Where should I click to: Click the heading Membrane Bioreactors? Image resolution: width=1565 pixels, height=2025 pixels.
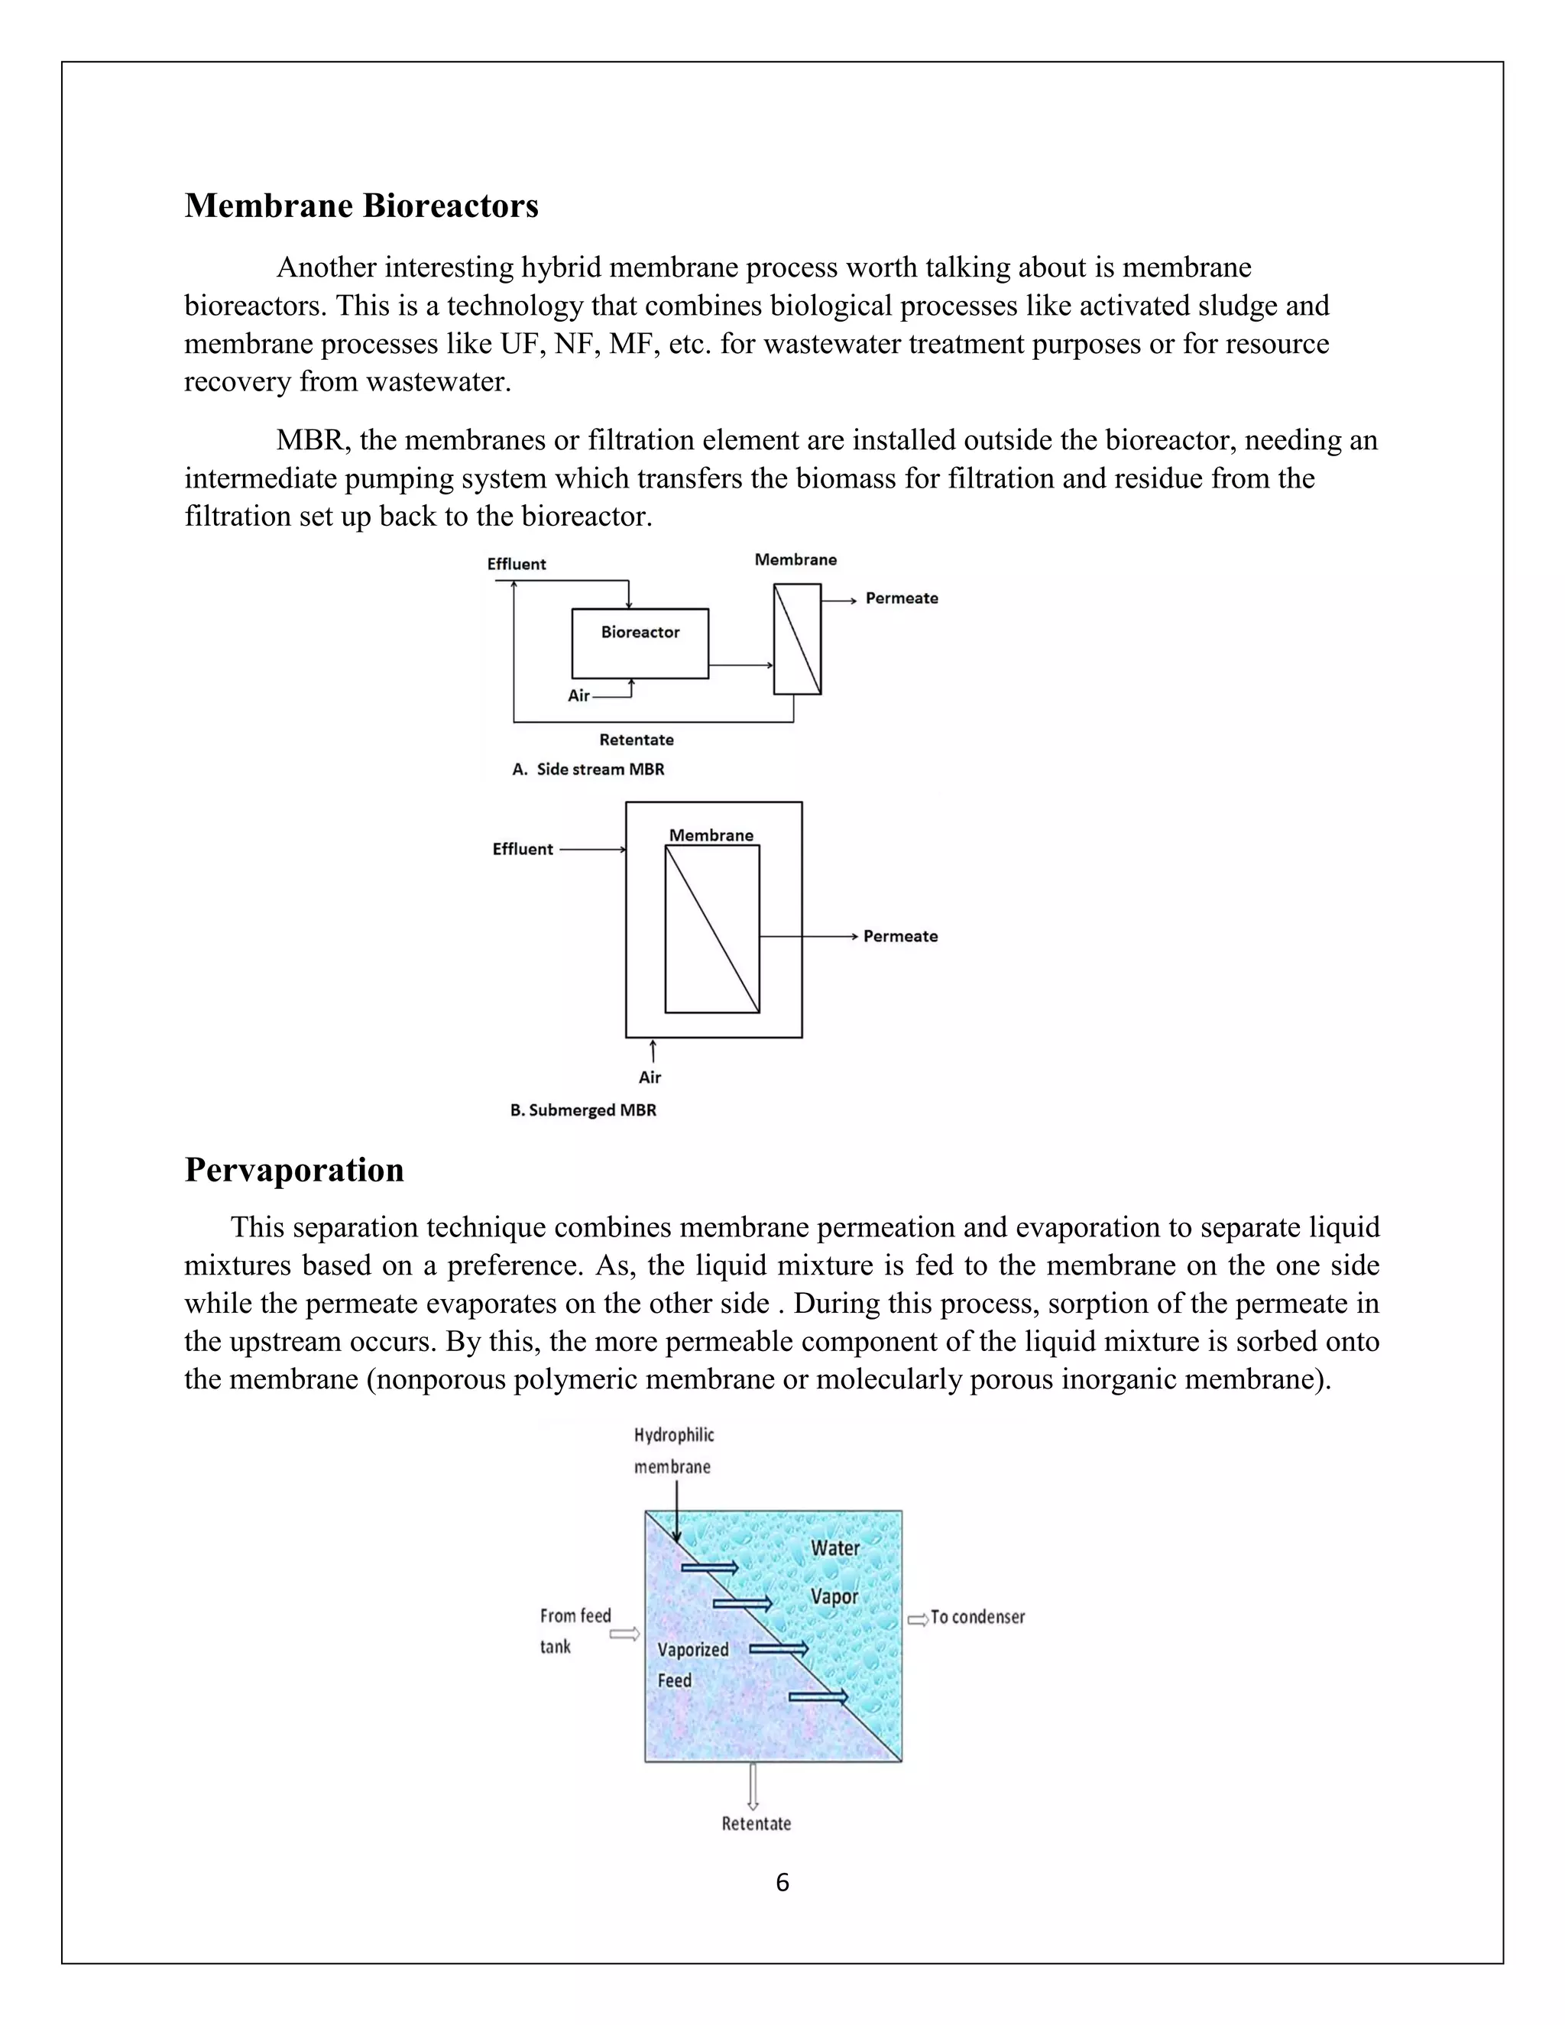pyautogui.click(x=361, y=205)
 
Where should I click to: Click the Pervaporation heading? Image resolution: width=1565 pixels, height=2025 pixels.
pyautogui.click(x=294, y=1169)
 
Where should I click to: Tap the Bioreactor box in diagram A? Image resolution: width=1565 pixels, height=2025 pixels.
pyautogui.click(x=640, y=643)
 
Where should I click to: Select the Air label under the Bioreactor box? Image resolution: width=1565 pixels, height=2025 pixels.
pyautogui.click(x=578, y=695)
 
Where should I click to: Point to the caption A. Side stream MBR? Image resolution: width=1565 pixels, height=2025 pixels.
pyautogui.click(x=588, y=769)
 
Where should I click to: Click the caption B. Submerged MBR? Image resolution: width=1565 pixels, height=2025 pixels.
pyautogui.click(x=583, y=1110)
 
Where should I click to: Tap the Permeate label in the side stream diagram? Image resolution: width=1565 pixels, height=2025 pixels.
pyautogui.click(x=901, y=598)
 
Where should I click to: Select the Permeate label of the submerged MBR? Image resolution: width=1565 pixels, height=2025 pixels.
pyautogui.click(x=899, y=937)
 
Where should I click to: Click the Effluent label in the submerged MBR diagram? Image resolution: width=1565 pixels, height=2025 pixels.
pyautogui.click(x=522, y=849)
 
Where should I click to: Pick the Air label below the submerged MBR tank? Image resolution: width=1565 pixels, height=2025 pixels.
pyautogui.click(x=650, y=1077)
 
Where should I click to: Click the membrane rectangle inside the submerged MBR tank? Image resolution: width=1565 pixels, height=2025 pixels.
pyautogui.click(x=712, y=928)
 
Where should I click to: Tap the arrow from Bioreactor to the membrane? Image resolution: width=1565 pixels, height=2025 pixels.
pyautogui.click(x=740, y=665)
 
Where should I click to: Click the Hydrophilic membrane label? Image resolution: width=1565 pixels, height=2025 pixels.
pyautogui.click(x=674, y=1451)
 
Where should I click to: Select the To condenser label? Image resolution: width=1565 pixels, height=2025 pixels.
pyautogui.click(x=977, y=1617)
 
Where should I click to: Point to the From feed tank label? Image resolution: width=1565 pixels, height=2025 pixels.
pyautogui.click(x=575, y=1631)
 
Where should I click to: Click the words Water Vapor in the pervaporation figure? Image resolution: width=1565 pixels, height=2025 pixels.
pyautogui.click(x=834, y=1573)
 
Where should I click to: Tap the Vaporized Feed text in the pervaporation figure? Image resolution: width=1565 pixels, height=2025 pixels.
pyautogui.click(x=692, y=1664)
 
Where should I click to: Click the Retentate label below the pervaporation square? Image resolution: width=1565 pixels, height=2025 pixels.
pyautogui.click(x=757, y=1824)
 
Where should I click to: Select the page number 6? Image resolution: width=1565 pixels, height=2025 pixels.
pyautogui.click(x=782, y=1883)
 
